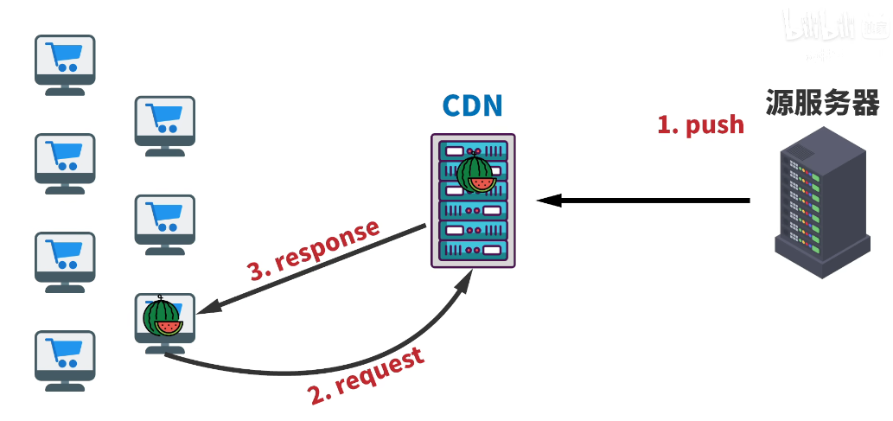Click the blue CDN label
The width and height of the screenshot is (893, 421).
coord(472,105)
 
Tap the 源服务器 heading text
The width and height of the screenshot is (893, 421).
coord(822,103)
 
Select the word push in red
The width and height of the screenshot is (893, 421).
coord(715,124)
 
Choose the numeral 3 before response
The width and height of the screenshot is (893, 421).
coord(257,271)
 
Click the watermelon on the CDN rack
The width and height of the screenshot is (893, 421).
coord(475,174)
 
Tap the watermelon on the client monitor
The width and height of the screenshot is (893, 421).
coord(163,317)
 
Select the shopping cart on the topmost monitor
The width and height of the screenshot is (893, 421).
coord(65,57)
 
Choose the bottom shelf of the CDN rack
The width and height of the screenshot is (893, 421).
coord(473,251)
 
